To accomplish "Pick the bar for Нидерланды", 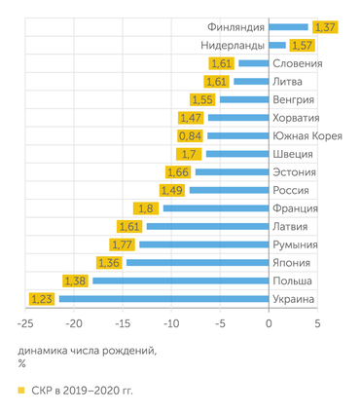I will click(277, 46).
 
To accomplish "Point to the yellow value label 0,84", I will click(191, 136).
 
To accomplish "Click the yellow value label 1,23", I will click(41, 299).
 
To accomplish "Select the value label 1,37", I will click(325, 27).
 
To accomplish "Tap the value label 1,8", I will click(147, 208).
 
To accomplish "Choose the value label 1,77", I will click(122, 244).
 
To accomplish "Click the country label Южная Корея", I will click(307, 136).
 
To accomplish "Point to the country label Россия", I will click(294, 190).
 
